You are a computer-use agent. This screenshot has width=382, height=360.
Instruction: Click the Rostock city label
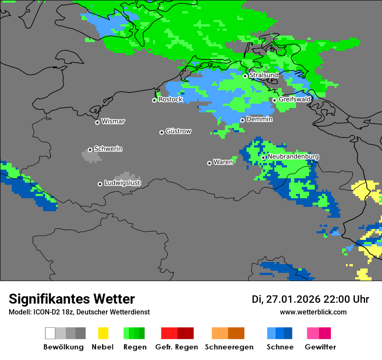(x=171, y=99)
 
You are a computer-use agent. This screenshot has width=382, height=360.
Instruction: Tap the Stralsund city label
(x=263, y=75)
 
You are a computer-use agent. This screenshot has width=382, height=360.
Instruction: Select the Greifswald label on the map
(x=295, y=99)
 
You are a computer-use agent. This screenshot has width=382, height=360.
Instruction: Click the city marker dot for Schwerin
(x=90, y=150)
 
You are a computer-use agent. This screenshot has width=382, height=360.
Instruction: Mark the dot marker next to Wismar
(x=97, y=122)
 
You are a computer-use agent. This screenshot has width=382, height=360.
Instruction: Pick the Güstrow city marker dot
(x=161, y=132)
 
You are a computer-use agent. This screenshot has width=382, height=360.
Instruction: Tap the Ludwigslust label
(x=122, y=183)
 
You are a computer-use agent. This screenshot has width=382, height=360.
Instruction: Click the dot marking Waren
(x=209, y=163)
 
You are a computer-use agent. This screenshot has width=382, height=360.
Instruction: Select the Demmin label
(x=259, y=119)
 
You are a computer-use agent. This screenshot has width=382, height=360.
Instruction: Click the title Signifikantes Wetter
(x=72, y=299)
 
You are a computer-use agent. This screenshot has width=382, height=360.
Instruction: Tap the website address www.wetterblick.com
(x=313, y=312)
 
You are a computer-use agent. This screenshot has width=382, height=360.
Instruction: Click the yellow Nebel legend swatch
(x=103, y=333)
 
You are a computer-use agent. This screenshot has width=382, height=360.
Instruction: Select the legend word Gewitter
(x=320, y=347)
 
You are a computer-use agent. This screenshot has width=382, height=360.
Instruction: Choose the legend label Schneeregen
(x=229, y=347)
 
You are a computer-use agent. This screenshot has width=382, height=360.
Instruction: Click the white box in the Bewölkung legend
(x=50, y=333)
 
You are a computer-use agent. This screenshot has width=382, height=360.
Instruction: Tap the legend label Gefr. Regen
(x=177, y=347)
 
